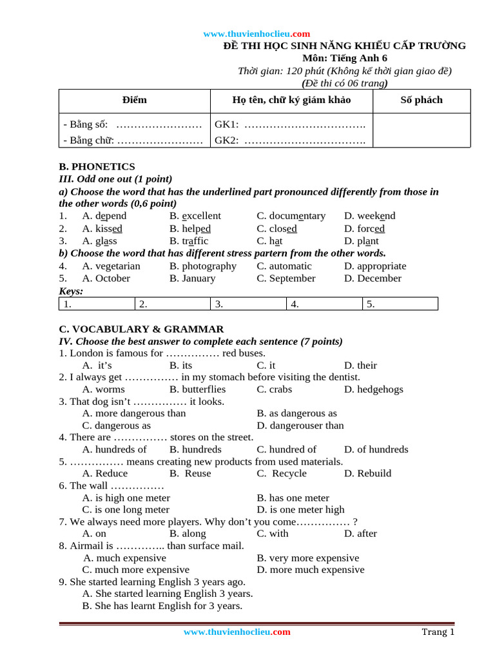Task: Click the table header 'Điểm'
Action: coord(134,100)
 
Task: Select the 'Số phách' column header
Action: coord(422,100)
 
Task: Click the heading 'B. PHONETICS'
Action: coord(97,166)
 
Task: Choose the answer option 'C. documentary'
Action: coord(291,216)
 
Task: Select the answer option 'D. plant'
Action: coord(361,241)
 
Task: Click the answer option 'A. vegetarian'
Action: coord(111,266)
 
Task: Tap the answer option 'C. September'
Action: coord(286,278)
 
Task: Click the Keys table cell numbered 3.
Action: coord(248,304)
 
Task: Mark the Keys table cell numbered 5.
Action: coord(400,304)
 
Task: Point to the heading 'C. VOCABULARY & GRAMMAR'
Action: coord(141,329)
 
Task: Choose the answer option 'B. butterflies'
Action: coord(197,389)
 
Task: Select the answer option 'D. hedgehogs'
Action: coord(373,389)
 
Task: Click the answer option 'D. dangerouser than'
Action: coord(300,425)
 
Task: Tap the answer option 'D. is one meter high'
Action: coord(300,510)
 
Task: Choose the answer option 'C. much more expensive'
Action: coord(136,570)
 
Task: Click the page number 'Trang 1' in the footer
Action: coord(438,632)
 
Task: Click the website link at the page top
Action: coord(257,34)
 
